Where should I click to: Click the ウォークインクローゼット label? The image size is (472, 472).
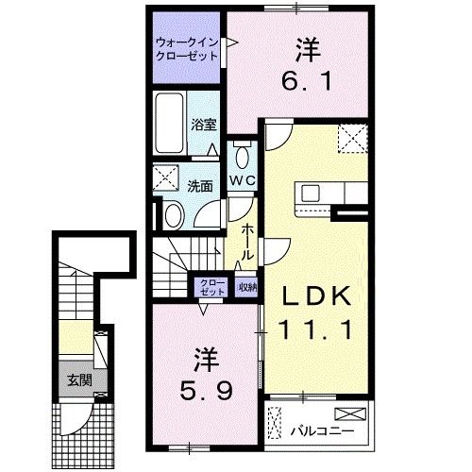pyautogui.click(x=187, y=48)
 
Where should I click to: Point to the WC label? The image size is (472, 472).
pyautogui.click(x=242, y=178)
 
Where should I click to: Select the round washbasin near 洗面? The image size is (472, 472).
pyautogui.click(x=173, y=215)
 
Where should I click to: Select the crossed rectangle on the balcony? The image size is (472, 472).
pyautogui.click(x=348, y=413)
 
